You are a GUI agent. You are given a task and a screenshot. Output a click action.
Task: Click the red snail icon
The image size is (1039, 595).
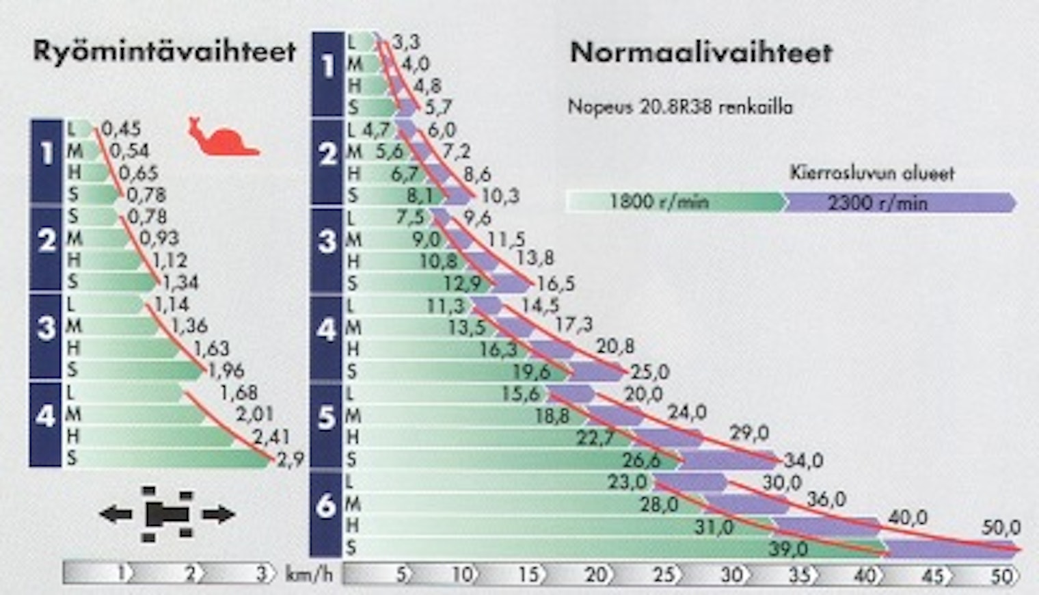[221, 137]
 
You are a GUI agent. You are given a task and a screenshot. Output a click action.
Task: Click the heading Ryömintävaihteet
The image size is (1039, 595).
[164, 52]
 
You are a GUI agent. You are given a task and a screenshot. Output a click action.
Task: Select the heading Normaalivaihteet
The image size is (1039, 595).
[701, 53]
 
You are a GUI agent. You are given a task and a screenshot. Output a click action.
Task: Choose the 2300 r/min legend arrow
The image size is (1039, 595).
[899, 202]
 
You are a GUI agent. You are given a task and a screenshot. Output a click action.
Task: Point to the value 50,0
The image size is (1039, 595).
[1001, 527]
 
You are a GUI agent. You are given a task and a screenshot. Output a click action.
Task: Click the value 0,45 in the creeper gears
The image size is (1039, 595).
[121, 129]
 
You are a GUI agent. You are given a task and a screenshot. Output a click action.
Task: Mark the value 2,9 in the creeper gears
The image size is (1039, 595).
[290, 460]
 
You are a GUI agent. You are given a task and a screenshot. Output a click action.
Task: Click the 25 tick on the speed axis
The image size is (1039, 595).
[662, 574]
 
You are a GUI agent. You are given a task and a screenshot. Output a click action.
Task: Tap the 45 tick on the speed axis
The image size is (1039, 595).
[932, 574]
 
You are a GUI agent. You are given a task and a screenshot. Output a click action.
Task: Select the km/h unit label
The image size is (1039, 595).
[308, 574]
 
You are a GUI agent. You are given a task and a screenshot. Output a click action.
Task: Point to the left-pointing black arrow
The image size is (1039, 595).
[116, 514]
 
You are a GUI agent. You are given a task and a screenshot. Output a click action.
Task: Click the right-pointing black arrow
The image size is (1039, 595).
[218, 514]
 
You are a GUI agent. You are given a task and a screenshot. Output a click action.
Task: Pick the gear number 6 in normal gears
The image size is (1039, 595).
[326, 506]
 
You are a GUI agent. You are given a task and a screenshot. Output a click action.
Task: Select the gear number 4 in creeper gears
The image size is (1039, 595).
[45, 416]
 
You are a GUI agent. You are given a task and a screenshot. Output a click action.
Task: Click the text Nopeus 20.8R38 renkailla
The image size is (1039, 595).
[680, 107]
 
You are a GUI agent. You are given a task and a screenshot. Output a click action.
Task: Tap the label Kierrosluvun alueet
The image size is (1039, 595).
[872, 173]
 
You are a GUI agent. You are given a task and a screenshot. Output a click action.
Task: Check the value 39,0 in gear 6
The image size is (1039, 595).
[787, 548]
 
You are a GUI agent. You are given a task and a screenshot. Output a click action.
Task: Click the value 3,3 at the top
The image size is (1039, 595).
[406, 42]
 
